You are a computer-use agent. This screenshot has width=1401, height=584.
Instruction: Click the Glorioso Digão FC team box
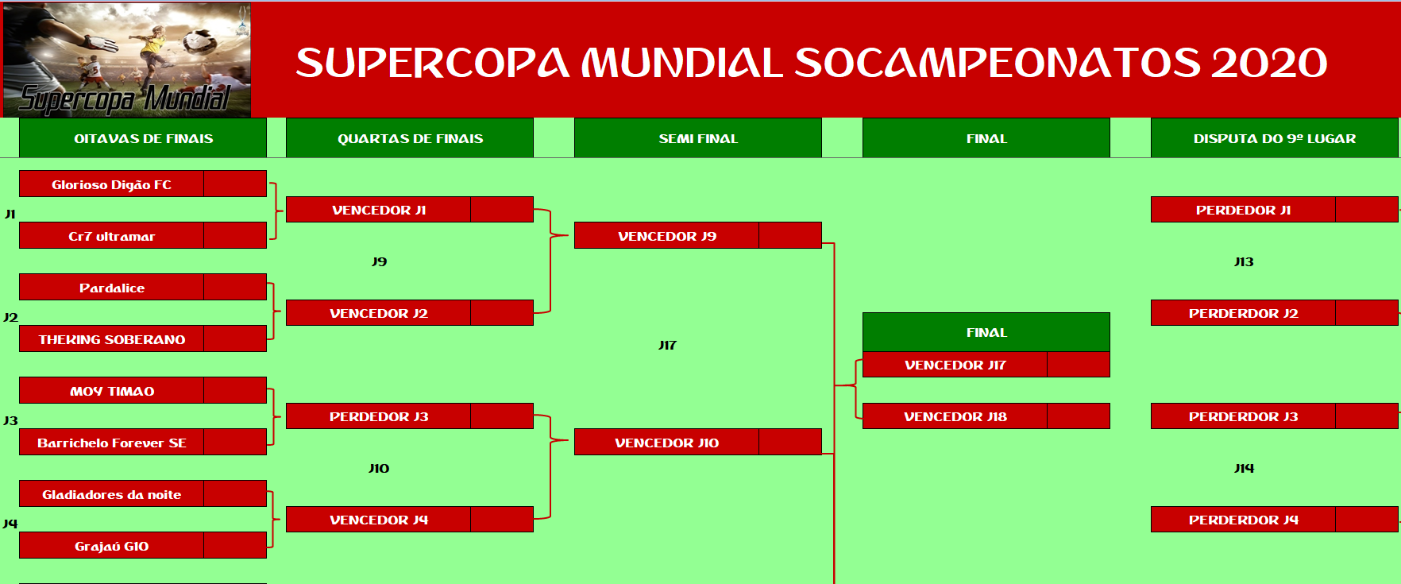111,184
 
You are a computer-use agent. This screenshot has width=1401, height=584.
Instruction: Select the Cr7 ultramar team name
111,236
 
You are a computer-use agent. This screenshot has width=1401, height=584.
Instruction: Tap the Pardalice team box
111,288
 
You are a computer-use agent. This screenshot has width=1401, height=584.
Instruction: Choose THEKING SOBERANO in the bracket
111,339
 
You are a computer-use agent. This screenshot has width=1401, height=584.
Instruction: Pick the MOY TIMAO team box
111,391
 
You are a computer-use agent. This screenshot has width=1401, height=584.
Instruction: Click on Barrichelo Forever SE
111,443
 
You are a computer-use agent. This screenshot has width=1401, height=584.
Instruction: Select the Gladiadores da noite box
111,494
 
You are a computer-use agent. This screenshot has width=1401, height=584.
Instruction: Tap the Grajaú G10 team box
111,546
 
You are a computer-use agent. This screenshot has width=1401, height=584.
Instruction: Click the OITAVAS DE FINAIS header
143,138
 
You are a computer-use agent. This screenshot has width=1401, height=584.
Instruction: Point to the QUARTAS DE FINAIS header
410,138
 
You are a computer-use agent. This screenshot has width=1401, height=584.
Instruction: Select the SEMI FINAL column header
698,138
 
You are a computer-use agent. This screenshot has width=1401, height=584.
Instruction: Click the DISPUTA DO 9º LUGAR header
1274,138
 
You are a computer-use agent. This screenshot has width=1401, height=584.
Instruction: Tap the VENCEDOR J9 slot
666,236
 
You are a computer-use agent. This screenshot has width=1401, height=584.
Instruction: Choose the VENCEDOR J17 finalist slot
955,365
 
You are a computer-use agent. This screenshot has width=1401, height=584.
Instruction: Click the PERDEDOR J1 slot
1243,210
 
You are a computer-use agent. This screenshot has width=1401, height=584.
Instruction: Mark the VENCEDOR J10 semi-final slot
666,443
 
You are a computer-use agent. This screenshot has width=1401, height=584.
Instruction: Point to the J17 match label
667,345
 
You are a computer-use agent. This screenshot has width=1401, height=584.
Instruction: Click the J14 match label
1244,468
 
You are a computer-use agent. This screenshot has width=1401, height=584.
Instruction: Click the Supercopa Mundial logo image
127,60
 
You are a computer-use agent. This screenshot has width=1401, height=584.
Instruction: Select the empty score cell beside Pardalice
235,288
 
